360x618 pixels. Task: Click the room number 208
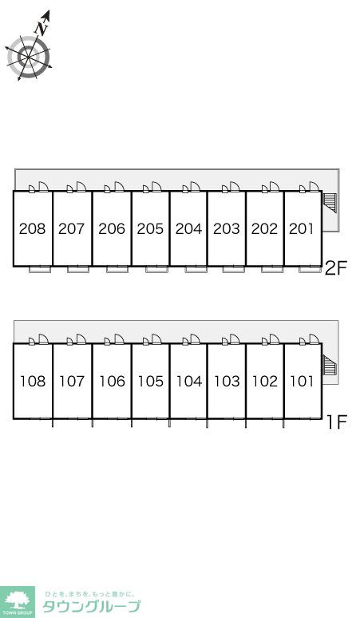pyautogui.click(x=32, y=228)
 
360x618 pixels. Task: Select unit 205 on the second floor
pyautogui.click(x=150, y=228)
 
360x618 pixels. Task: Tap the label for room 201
pyautogui.click(x=302, y=228)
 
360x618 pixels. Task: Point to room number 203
pyautogui.click(x=227, y=228)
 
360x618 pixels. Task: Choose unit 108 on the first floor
pyautogui.click(x=33, y=381)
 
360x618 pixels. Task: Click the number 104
pyautogui.click(x=188, y=381)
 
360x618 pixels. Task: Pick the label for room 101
pyautogui.click(x=302, y=381)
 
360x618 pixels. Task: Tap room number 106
pyautogui.click(x=112, y=381)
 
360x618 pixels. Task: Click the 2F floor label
pyautogui.click(x=335, y=268)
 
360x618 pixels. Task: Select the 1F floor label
pyautogui.click(x=336, y=422)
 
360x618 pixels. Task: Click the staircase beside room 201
pyautogui.click(x=329, y=202)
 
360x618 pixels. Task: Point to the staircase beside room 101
pyautogui.click(x=330, y=365)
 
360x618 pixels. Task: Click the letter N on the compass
pyautogui.click(x=42, y=28)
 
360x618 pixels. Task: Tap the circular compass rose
pyautogui.click(x=29, y=57)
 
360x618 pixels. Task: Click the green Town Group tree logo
pyautogui.click(x=18, y=602)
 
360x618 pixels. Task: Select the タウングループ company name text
pyautogui.click(x=91, y=606)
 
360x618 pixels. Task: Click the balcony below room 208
pyautogui.click(x=40, y=270)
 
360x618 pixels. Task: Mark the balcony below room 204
pyautogui.click(x=196, y=270)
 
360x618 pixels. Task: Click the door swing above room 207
pyautogui.click(x=81, y=186)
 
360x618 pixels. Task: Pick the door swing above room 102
pyautogui.click(x=275, y=339)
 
